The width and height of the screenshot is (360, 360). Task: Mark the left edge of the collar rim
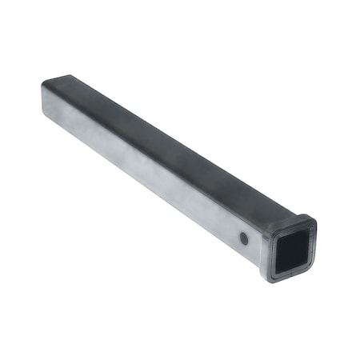tap(264, 254)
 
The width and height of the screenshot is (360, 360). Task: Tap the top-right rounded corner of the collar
tap(312, 223)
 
